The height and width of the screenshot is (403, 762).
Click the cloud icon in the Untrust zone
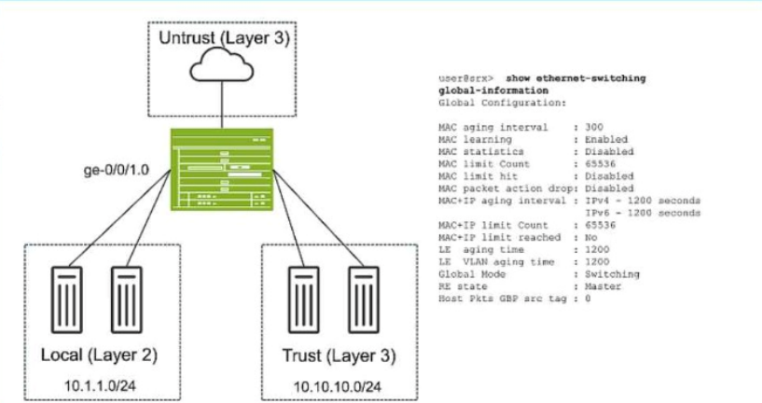[222, 64]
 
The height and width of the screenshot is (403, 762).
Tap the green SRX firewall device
[222, 169]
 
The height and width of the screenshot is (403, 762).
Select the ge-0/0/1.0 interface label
[117, 170]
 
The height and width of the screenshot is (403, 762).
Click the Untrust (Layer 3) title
[224, 38]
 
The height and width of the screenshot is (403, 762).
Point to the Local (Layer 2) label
[99, 354]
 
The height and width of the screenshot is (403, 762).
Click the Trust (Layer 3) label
[339, 355]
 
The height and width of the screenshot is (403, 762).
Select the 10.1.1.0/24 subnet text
[100, 386]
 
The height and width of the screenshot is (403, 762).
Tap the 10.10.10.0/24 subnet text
[338, 387]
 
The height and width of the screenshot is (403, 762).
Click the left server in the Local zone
[66, 299]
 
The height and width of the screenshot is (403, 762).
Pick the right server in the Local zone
[126, 299]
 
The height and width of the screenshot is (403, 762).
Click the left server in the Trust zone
[304, 299]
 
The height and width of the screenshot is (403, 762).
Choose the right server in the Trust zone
[364, 299]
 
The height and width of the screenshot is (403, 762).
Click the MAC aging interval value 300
[594, 128]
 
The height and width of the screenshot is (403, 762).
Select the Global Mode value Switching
[612, 274]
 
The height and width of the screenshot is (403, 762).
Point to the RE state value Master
[603, 286]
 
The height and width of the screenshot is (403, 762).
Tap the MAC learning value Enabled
[606, 140]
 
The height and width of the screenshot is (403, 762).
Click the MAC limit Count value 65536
[600, 164]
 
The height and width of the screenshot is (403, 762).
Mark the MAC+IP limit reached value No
[591, 237]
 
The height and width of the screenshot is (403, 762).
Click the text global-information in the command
[493, 90]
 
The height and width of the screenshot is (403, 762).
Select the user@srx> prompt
[465, 78]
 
